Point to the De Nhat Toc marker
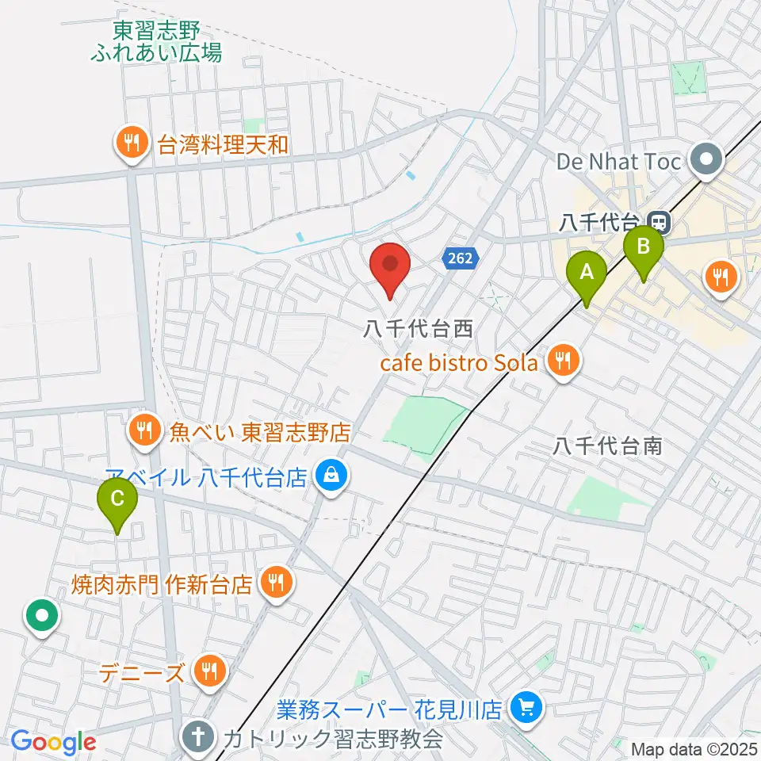[702, 161]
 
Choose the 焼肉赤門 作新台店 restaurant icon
[275, 584]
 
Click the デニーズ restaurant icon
[208, 673]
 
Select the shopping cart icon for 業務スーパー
[525, 707]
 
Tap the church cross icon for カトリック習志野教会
[197, 739]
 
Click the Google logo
[53, 743]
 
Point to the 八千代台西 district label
[407, 328]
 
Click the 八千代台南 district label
[607, 446]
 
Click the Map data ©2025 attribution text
[694, 749]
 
